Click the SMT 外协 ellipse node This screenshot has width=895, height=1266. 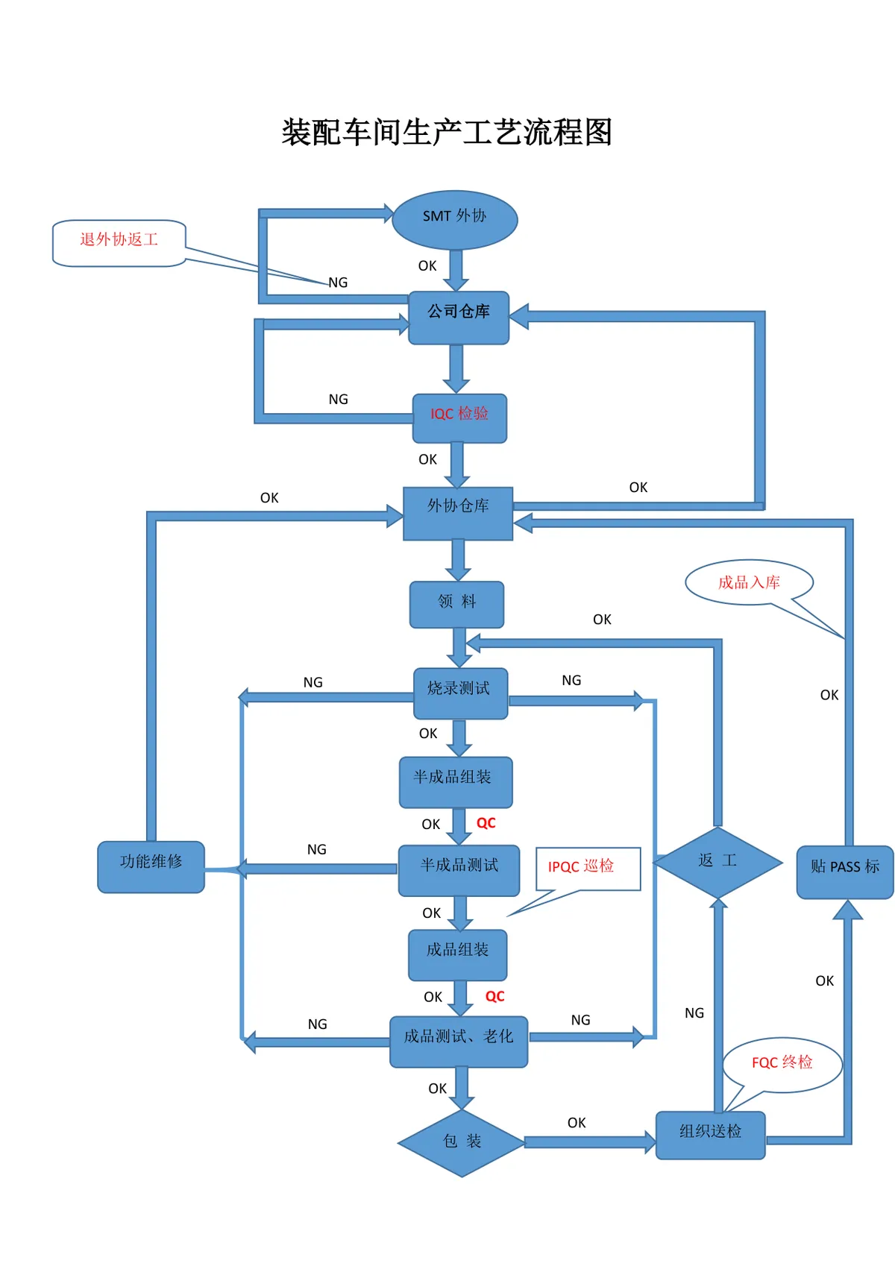click(x=454, y=219)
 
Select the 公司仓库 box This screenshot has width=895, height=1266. click(x=458, y=317)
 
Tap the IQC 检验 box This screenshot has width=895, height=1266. click(x=459, y=418)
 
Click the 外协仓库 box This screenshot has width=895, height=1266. click(x=457, y=513)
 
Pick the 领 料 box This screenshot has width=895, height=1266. click(x=456, y=604)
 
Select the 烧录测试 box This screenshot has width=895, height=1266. click(x=460, y=693)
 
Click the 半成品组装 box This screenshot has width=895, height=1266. click(x=456, y=781)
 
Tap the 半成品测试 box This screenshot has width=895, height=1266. click(x=459, y=870)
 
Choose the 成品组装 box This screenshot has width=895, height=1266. click(x=457, y=954)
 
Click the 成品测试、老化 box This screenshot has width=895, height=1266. click(x=459, y=1041)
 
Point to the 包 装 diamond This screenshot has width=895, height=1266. click(x=462, y=1142)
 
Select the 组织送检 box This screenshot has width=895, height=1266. click(x=710, y=1135)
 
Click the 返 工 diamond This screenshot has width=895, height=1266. click(x=717, y=862)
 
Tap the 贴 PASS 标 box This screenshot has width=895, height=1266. click(x=845, y=872)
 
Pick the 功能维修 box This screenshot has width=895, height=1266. click(x=151, y=866)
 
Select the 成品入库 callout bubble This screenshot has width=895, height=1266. click(x=749, y=582)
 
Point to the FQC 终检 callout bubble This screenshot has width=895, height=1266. click(x=782, y=1064)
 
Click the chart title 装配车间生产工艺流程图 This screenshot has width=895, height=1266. click(x=447, y=132)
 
